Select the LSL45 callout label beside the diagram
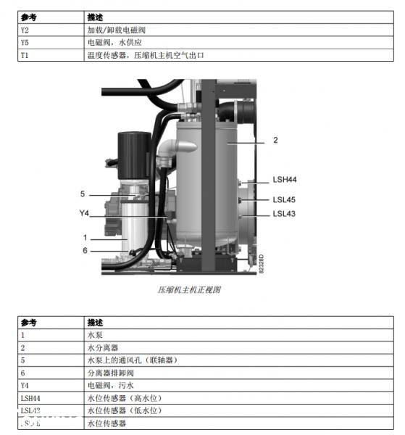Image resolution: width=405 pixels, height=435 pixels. click(285, 199)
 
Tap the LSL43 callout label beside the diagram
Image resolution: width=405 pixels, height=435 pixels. click(285, 213)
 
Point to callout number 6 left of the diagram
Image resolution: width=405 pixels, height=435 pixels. click(85, 250)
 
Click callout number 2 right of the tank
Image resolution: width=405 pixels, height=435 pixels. click(275, 140)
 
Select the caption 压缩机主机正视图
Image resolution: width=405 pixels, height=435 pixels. click(189, 289)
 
